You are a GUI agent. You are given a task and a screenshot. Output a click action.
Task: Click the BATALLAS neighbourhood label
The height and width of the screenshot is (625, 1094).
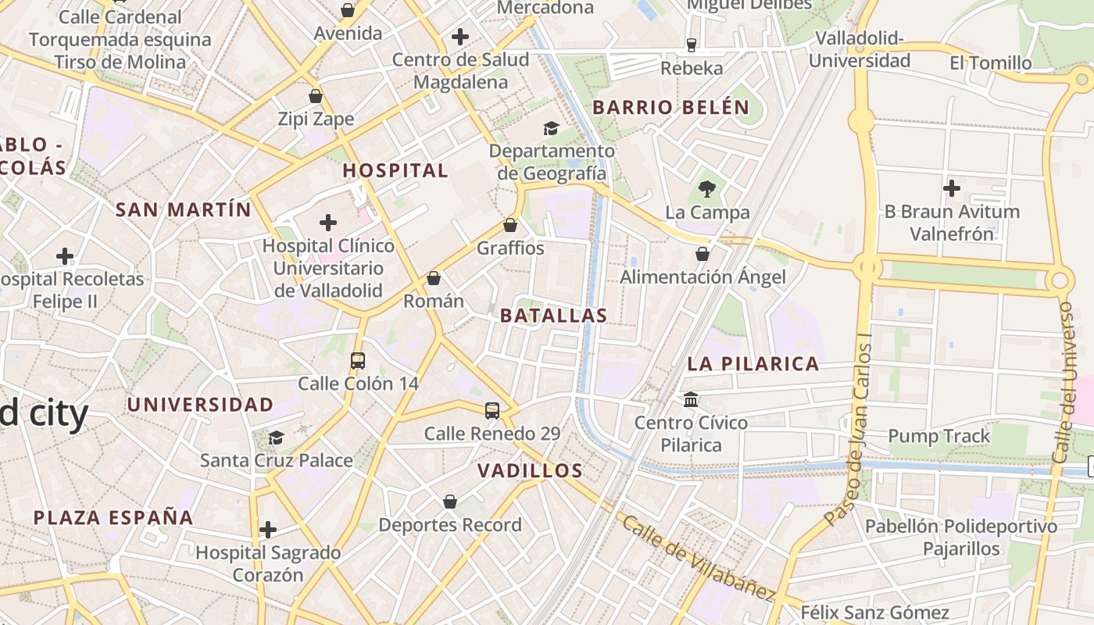click(553, 316)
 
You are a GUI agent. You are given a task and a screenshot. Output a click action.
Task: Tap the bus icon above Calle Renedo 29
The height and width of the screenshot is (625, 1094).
click(492, 410)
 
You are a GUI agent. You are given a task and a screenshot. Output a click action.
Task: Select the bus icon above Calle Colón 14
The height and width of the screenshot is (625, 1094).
click(358, 360)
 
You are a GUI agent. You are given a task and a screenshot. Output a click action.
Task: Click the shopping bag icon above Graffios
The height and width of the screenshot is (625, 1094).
click(510, 225)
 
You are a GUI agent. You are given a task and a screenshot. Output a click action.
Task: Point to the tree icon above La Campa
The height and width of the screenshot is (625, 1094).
click(707, 188)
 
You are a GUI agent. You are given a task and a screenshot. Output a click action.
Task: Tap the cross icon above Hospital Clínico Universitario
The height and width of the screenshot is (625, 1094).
click(328, 223)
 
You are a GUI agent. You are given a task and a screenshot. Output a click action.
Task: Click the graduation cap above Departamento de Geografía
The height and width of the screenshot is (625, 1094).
click(552, 128)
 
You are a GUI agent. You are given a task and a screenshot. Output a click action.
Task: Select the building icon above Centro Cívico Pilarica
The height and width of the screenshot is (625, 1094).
click(691, 399)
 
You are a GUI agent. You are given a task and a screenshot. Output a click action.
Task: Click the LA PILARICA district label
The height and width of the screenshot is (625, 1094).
click(753, 363)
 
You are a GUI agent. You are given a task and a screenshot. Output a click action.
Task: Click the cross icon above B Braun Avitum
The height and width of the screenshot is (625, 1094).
click(952, 188)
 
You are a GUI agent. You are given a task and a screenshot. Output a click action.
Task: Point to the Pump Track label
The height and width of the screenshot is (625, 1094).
click(939, 436)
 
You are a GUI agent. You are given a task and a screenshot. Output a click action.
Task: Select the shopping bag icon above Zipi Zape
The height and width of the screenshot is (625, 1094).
click(316, 96)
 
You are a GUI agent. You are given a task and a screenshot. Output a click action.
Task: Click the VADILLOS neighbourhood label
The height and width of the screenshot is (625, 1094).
click(530, 470)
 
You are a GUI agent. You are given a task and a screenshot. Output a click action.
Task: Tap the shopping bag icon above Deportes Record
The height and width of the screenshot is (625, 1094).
click(450, 502)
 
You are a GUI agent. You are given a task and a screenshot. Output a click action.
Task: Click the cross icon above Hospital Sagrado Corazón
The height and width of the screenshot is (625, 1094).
click(268, 530)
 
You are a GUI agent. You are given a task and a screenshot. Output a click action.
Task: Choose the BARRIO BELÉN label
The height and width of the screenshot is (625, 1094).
click(671, 108)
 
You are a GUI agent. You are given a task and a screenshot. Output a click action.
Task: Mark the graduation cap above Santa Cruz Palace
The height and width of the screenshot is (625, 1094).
click(276, 437)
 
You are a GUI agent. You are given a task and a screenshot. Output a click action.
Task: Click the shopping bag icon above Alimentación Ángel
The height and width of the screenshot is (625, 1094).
click(703, 254)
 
